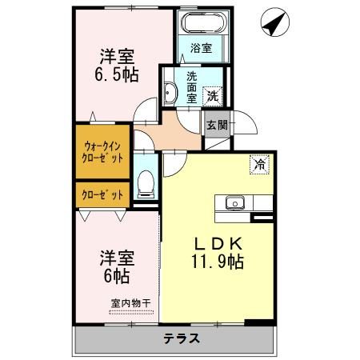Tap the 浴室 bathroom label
tap(201, 48)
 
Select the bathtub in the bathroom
tap(201, 25)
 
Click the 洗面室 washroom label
tap(192, 86)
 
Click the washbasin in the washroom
tap(171, 94)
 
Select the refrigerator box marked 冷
tap(259, 165)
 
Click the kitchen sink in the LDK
tap(234, 202)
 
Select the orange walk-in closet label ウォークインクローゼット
tap(104, 152)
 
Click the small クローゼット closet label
tap(104, 194)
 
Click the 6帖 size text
tap(115, 277)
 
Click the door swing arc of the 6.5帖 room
tap(144, 110)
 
